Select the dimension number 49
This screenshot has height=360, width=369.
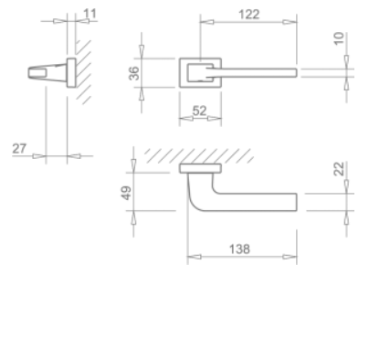127,193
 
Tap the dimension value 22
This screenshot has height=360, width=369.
340,169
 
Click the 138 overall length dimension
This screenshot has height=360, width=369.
240,249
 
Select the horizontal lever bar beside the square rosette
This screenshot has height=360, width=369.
260,70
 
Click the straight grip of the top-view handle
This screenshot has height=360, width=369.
256,202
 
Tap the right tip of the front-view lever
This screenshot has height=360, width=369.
293,70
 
